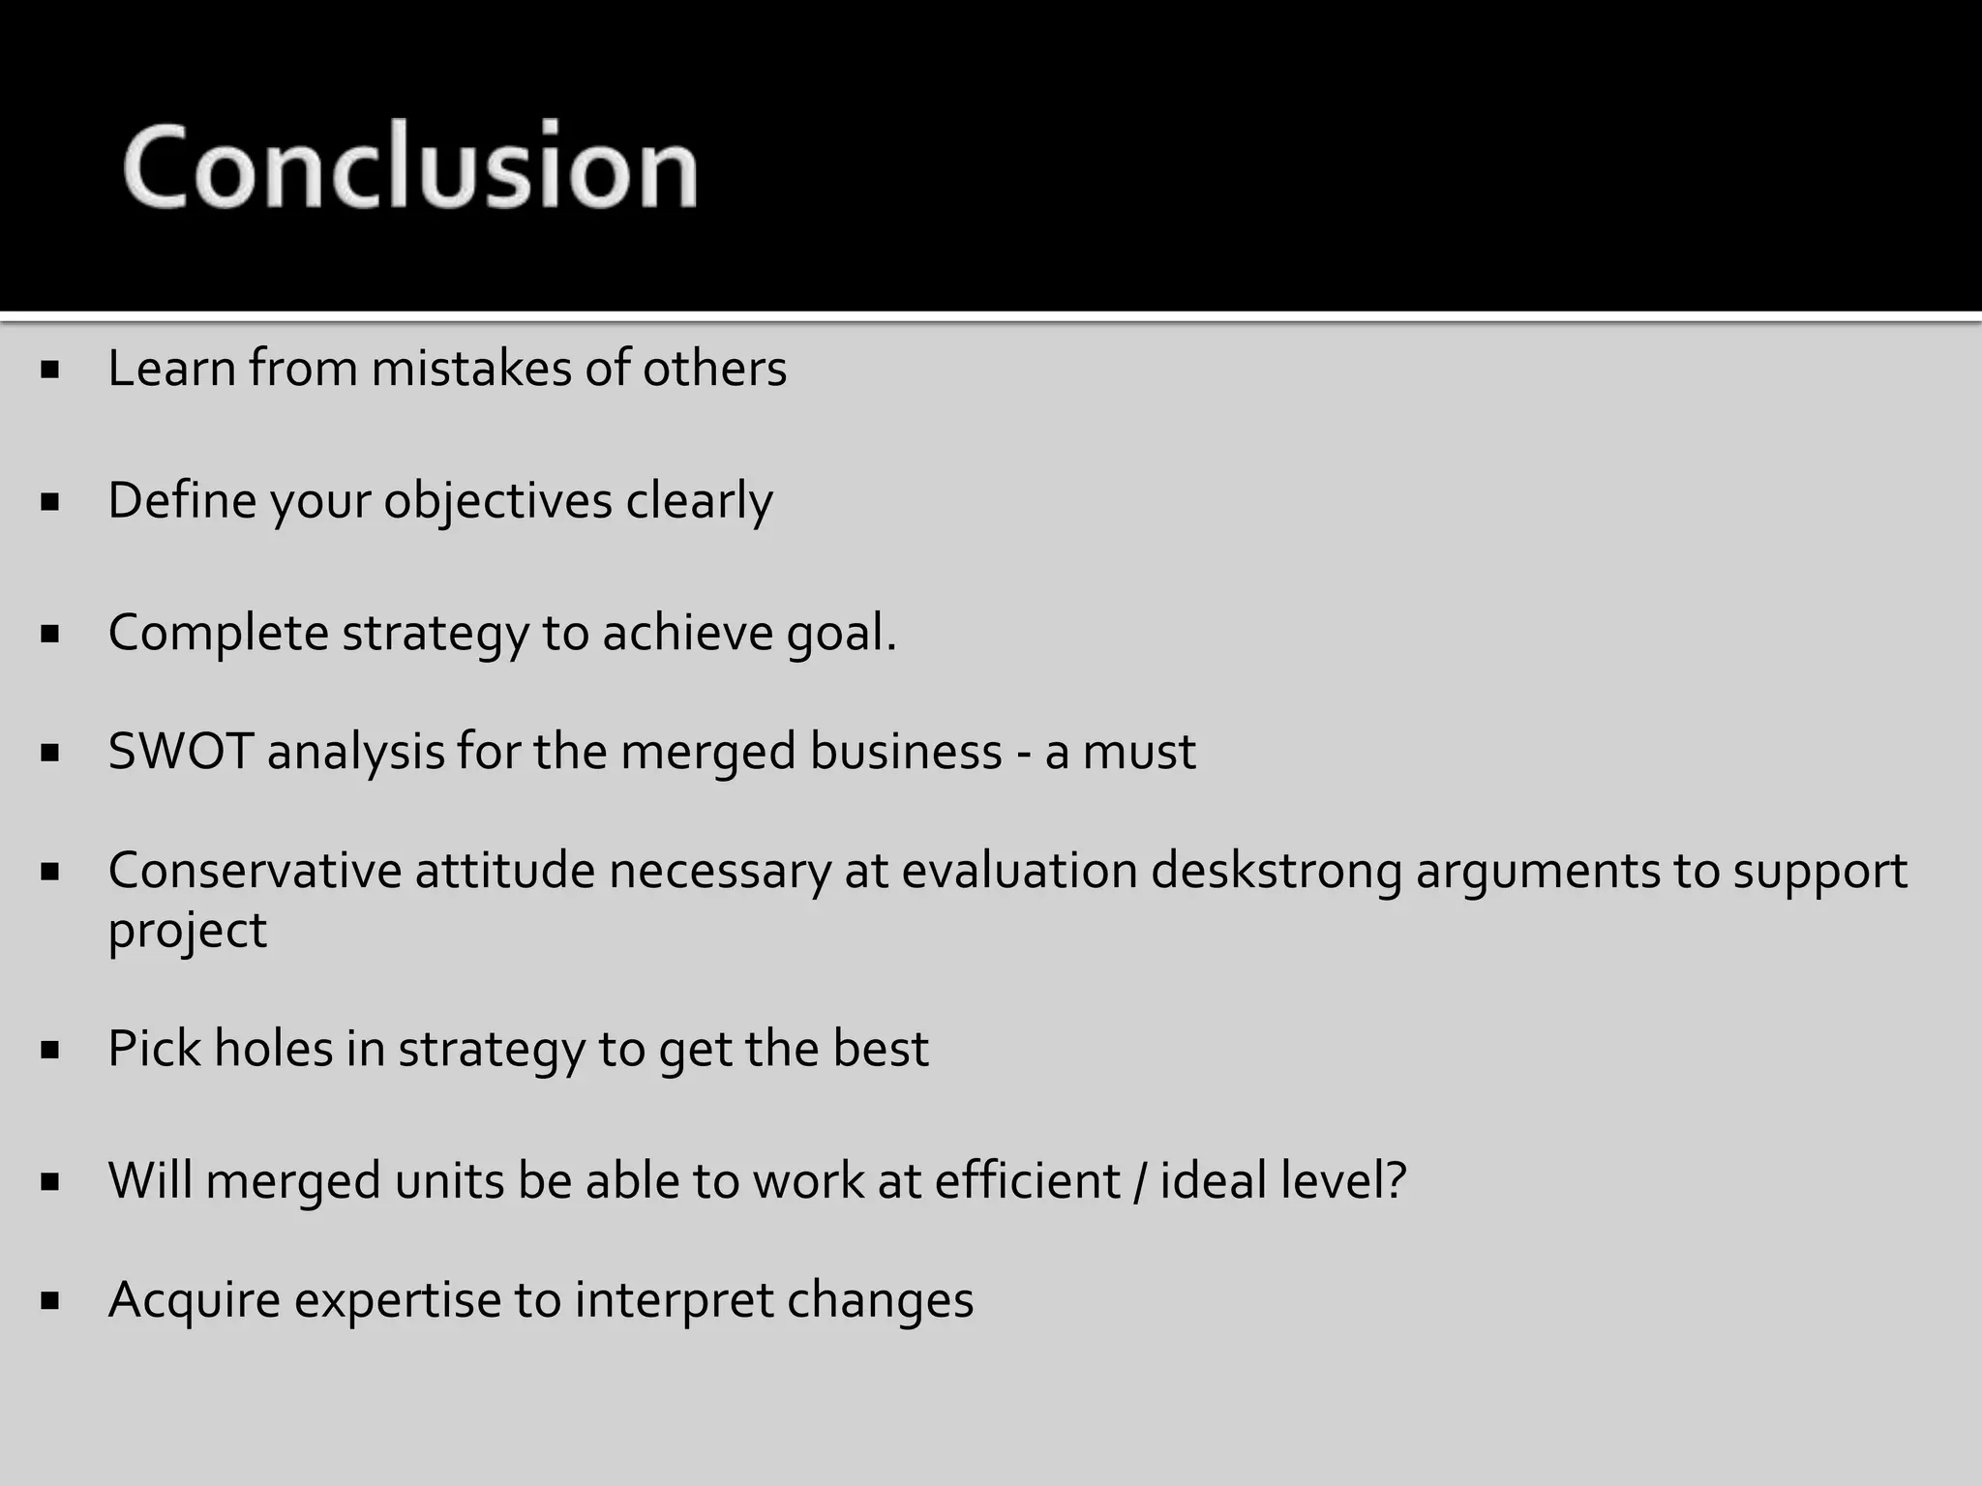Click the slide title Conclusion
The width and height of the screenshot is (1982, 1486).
[x=410, y=165]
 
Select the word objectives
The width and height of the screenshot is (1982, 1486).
[x=497, y=502]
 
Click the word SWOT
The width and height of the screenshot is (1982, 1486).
[x=181, y=752]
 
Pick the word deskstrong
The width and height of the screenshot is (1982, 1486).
[x=1276, y=871]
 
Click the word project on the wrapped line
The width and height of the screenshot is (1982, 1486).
[x=187, y=931]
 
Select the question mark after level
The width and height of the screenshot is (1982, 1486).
[x=1396, y=1181]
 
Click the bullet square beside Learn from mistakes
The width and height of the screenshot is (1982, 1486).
[x=51, y=370]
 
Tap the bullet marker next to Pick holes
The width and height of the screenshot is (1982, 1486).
[x=51, y=1050]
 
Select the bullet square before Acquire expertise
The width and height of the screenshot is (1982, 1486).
[x=51, y=1301]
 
